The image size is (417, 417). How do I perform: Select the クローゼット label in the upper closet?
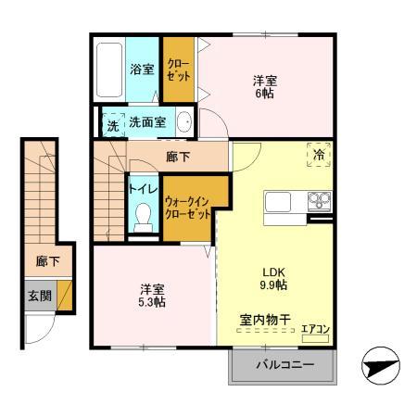pyautogui.click(x=178, y=69)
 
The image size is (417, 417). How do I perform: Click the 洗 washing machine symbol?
pyautogui.click(x=112, y=124)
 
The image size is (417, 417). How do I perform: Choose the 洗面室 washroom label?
pyautogui.click(x=146, y=121)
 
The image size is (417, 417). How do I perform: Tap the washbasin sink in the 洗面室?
pyautogui.click(x=184, y=121)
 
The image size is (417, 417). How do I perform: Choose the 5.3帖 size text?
pyautogui.click(x=153, y=302)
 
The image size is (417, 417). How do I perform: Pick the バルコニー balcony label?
pyautogui.click(x=284, y=364)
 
